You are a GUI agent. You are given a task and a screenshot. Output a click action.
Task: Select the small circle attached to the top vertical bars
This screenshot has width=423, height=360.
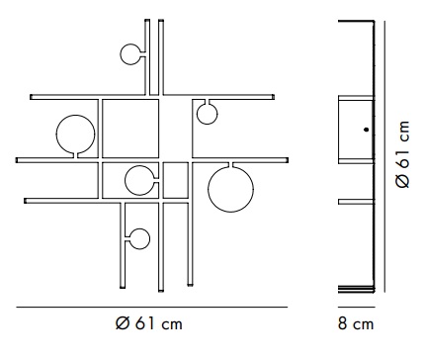click(121, 54)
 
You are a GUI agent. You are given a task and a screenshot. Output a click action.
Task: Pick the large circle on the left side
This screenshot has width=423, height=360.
click(56, 135)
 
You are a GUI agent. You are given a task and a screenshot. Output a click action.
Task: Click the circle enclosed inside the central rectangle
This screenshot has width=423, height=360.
click(126, 180)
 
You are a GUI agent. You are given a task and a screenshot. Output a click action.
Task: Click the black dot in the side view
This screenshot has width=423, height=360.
click(366, 130)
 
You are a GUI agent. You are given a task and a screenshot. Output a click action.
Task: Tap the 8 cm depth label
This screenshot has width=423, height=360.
click(356, 324)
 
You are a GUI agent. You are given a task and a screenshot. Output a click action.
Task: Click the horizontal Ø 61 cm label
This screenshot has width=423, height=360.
click(149, 323)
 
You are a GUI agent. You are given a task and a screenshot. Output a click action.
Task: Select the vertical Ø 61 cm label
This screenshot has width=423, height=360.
click(403, 154)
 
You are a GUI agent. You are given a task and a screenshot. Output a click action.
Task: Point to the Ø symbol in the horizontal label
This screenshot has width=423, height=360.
click(123, 323)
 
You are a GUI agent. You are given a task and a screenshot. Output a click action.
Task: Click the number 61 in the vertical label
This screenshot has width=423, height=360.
click(403, 160)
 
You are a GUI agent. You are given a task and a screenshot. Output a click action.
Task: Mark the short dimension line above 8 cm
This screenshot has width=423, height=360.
click(357, 307)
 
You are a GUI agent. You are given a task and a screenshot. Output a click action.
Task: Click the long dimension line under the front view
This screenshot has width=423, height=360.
click(152, 308)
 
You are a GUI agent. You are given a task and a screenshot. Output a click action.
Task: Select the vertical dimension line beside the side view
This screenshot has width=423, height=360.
click(384, 156)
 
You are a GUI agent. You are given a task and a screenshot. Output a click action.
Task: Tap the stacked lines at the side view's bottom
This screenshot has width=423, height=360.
click(357, 289)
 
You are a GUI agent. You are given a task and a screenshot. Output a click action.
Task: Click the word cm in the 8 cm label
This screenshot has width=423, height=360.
click(364, 325)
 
